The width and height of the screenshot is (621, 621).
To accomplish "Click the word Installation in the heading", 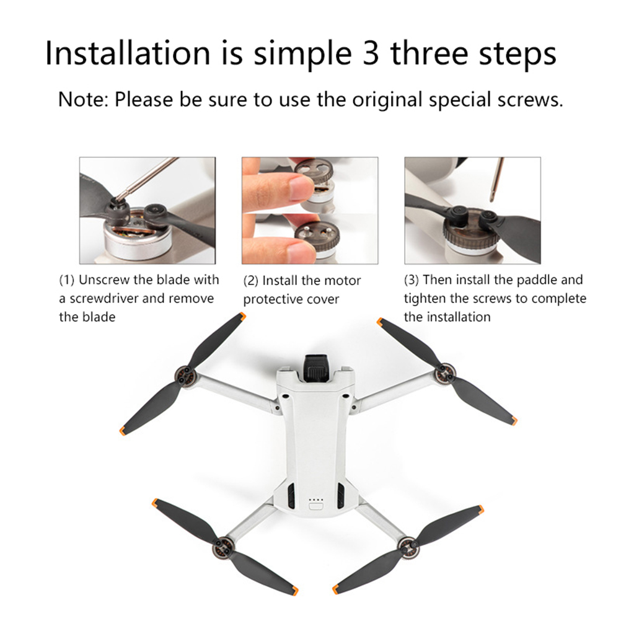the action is pos(128,53).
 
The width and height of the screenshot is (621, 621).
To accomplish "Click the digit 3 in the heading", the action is pos(370,53).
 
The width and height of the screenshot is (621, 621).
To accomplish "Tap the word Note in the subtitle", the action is pos(82,99).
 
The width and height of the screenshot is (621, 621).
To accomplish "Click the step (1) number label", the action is pos(66,280).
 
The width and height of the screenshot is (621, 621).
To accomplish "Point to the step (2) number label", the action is pos(251,281).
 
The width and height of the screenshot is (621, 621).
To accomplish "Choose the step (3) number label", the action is pos(412,280).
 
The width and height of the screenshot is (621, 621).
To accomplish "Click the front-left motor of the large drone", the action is pos(185,375).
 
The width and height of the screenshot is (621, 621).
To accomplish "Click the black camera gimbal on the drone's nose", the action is pos(317,368).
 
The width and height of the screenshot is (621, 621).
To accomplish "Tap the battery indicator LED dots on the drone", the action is pos(316,500).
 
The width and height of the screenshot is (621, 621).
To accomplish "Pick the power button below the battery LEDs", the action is pos(316,506).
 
